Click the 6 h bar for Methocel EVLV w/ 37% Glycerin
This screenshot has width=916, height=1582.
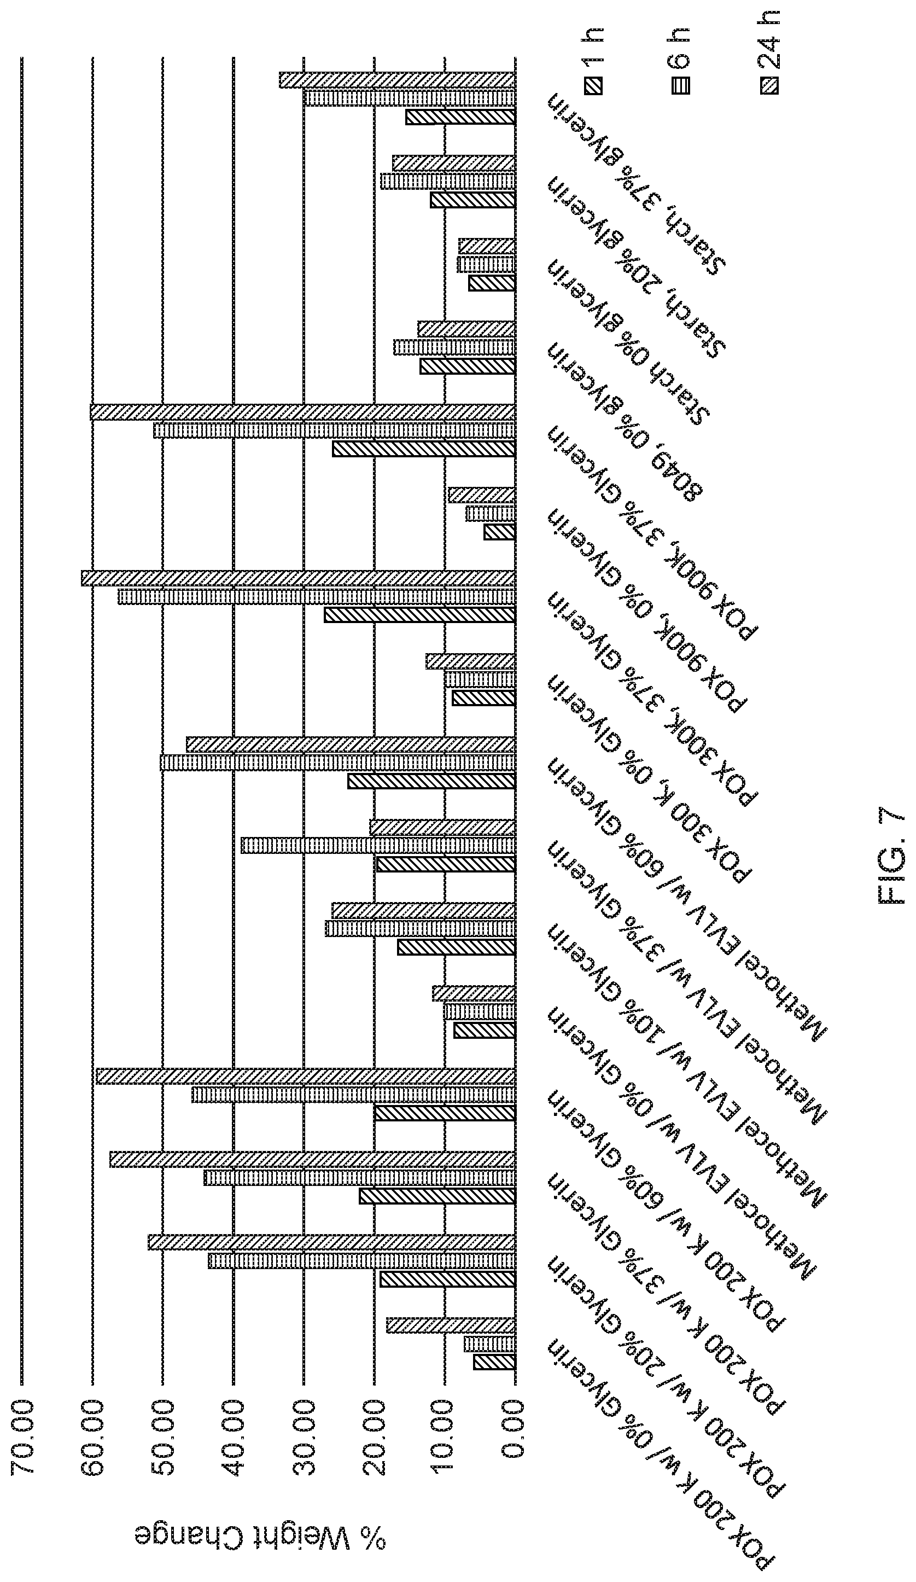pos(421,928)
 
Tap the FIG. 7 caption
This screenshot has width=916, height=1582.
pos(891,857)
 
